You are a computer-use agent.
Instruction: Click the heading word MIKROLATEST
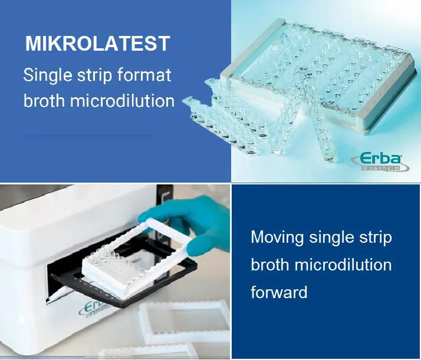[x=97, y=43]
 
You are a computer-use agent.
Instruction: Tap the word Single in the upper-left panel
[x=48, y=75]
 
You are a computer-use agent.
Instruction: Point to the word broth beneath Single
[x=44, y=100]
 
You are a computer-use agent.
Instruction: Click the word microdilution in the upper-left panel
[x=122, y=100]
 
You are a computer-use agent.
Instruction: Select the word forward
[x=279, y=292]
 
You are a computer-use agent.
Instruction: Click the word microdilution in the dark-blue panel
[x=343, y=265]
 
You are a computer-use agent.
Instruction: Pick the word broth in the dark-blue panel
[x=270, y=265]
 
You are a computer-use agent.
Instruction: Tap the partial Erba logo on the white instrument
[x=94, y=309]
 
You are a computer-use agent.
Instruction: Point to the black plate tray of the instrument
[x=124, y=285]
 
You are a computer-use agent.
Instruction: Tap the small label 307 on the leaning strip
[x=304, y=69]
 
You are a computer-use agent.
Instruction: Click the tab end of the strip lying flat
[x=189, y=101]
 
